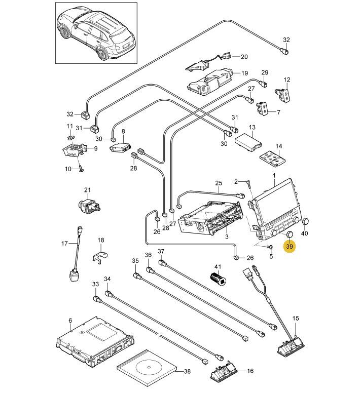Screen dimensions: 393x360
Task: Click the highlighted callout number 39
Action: tap(290, 247)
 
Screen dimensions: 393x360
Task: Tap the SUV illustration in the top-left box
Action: tap(96, 32)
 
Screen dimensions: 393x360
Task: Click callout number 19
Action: tap(244, 73)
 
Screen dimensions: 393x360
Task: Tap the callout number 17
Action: tap(64, 244)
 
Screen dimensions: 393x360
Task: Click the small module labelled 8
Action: tap(122, 147)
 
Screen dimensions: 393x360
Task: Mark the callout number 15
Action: tap(296, 319)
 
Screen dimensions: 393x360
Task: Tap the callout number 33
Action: tap(95, 285)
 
